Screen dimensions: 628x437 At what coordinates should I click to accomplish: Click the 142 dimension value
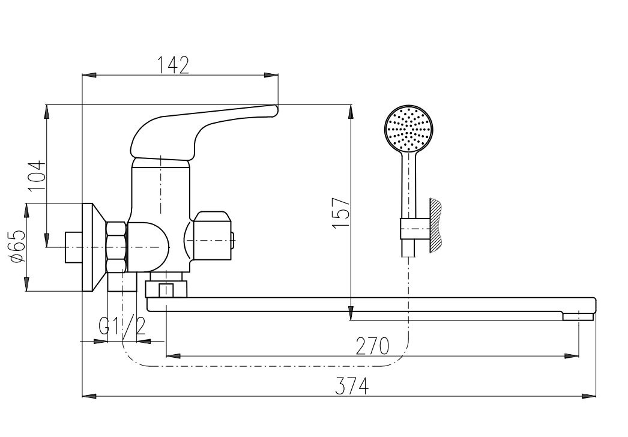[172, 65]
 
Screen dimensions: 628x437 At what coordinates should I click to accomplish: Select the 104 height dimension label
[37, 176]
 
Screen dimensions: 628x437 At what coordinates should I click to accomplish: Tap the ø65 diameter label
[17, 246]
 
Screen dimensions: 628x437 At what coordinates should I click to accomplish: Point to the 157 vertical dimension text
[341, 213]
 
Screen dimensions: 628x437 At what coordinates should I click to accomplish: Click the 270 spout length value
[372, 346]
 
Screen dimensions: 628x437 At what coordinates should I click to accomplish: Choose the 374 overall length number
[352, 387]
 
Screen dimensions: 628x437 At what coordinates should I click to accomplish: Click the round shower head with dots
[408, 128]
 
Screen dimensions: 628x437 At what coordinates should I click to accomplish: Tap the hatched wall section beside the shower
[436, 225]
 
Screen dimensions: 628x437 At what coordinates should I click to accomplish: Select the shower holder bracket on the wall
[415, 229]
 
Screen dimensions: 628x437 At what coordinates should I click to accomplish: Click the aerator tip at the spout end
[578, 317]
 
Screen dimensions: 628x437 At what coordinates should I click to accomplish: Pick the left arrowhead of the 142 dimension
[89, 75]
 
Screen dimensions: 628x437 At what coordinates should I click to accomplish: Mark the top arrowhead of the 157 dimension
[351, 112]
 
